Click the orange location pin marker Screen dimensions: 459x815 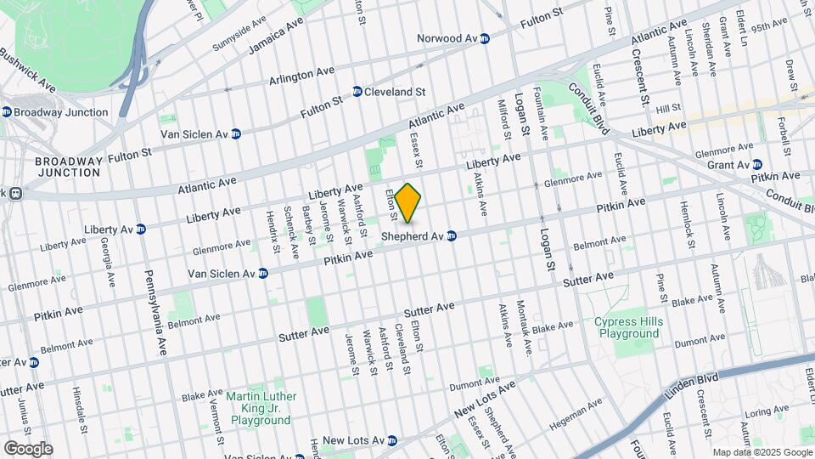408,202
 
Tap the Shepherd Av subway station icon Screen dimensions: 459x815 452,235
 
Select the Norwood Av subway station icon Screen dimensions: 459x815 485,38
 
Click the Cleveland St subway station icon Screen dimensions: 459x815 357,92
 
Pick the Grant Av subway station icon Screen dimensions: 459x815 757,164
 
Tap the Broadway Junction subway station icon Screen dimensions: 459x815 7,112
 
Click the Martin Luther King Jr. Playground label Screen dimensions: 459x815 261,408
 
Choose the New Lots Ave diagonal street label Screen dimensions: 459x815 485,399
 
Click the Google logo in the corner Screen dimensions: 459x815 27,448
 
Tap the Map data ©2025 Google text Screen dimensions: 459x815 761,452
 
